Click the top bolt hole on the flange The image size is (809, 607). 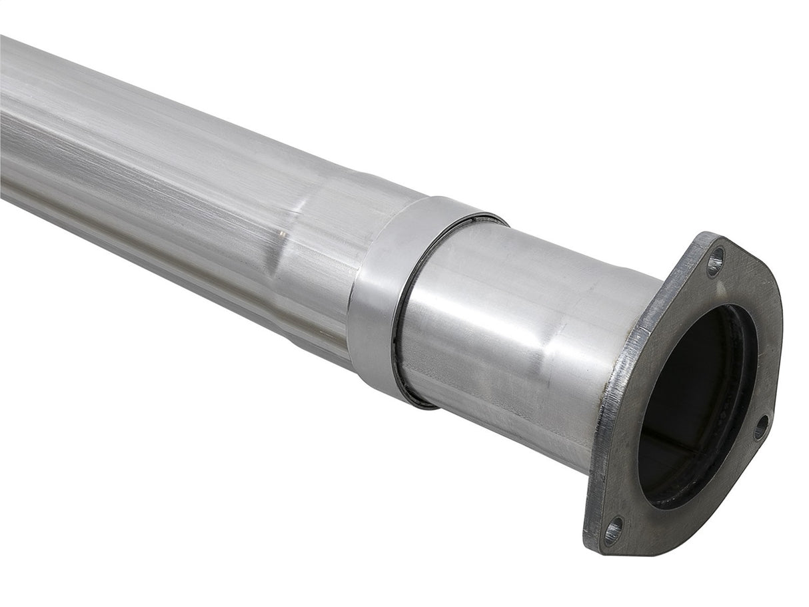coord(714,262)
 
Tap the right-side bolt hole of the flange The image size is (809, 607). coord(761,427)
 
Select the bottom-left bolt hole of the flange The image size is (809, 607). coord(612,531)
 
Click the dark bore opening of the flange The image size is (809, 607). coord(693,400)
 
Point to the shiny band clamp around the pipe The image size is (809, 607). coord(383,293)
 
